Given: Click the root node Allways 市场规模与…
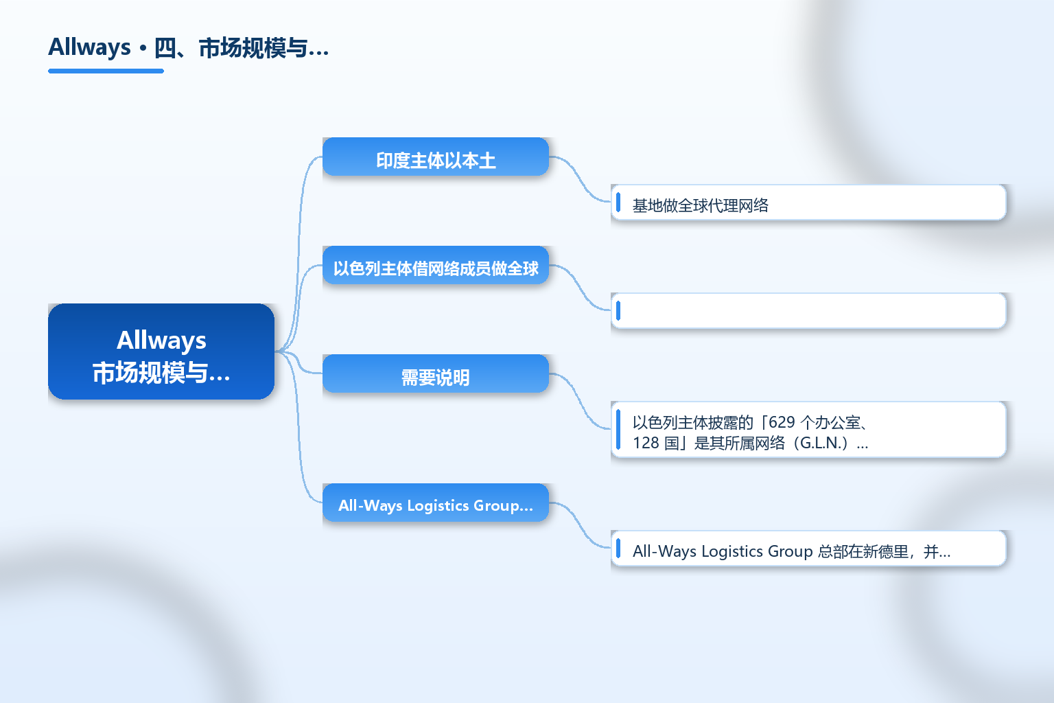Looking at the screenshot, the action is coord(161,351).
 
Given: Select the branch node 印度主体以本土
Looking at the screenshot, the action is coord(436,157).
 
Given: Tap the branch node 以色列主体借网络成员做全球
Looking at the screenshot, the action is coord(436,265).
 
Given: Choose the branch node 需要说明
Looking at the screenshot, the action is coord(436,373).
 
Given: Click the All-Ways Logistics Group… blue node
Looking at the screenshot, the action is coord(436,503).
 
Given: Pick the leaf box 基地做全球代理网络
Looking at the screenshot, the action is coord(808,203).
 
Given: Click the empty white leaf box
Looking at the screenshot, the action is coord(808,311).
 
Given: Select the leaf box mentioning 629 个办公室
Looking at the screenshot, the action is coord(808,430).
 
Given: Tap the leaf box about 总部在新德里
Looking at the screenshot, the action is coord(808,549).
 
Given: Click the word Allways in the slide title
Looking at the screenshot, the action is coord(89,47).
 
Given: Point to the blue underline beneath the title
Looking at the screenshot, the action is coord(106,71).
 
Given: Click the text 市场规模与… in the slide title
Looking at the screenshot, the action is coord(263,48).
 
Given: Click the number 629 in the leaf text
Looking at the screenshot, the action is coord(782,422).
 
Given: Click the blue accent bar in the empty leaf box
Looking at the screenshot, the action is coord(618,311).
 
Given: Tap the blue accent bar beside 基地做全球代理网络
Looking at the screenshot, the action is coord(618,203).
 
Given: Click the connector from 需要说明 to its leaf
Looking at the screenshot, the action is coord(580,401).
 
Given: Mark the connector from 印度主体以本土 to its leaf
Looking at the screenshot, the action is coord(580,179).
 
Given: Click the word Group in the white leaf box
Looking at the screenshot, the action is coord(790,551).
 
